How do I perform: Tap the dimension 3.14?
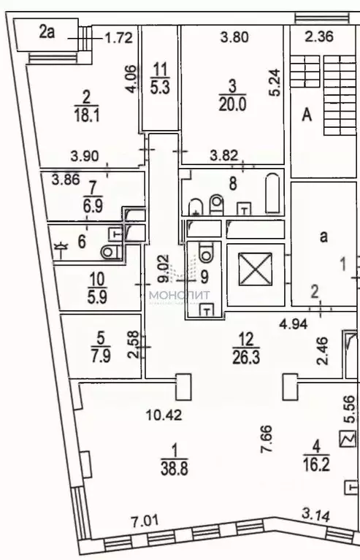(x=317, y=517)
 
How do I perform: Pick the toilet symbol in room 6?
(x=110, y=252)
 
